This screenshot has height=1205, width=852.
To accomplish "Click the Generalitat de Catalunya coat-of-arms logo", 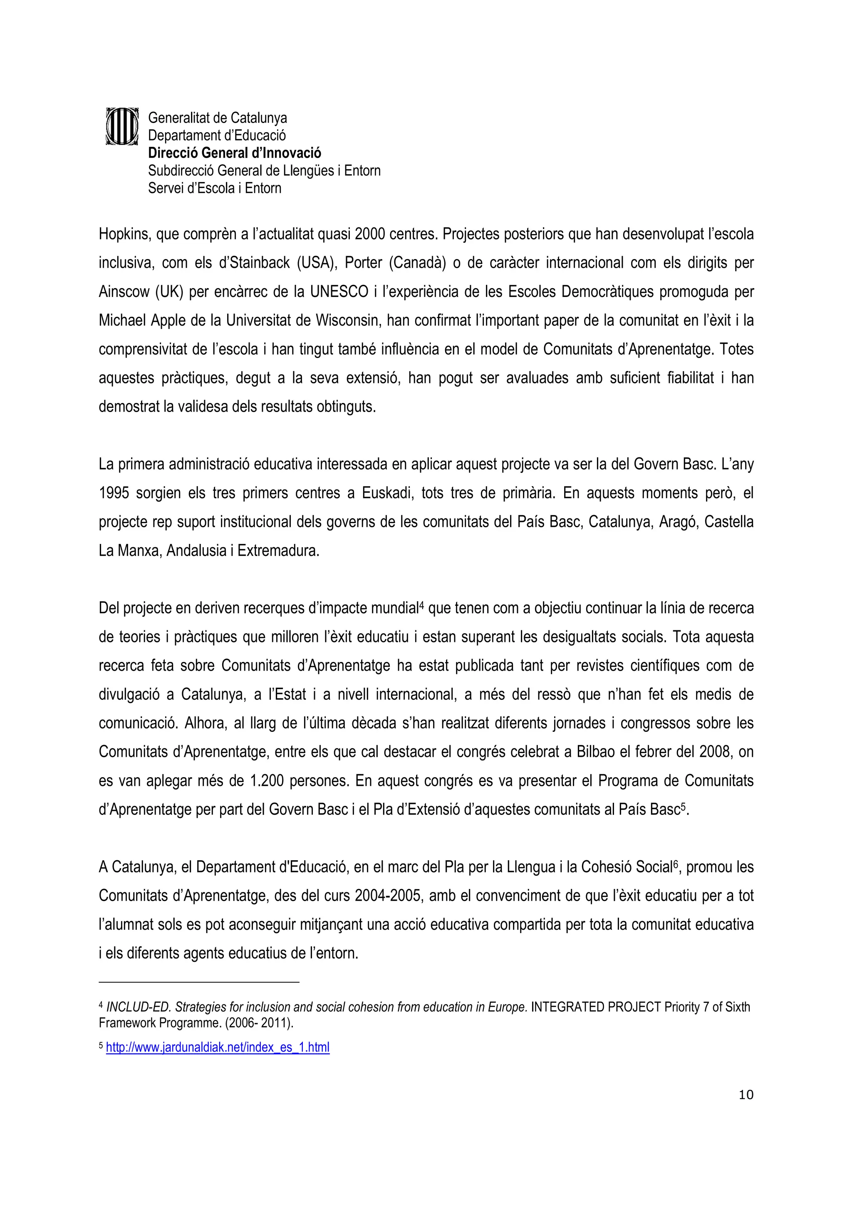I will tap(122, 126).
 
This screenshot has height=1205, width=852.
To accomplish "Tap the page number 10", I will tap(745, 1094).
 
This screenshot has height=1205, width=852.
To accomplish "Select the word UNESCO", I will tap(339, 292).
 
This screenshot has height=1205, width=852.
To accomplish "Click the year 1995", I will tap(114, 493).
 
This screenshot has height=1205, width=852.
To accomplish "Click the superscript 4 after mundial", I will tap(421, 605).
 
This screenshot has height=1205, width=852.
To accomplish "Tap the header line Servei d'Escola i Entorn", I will tap(214, 188).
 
